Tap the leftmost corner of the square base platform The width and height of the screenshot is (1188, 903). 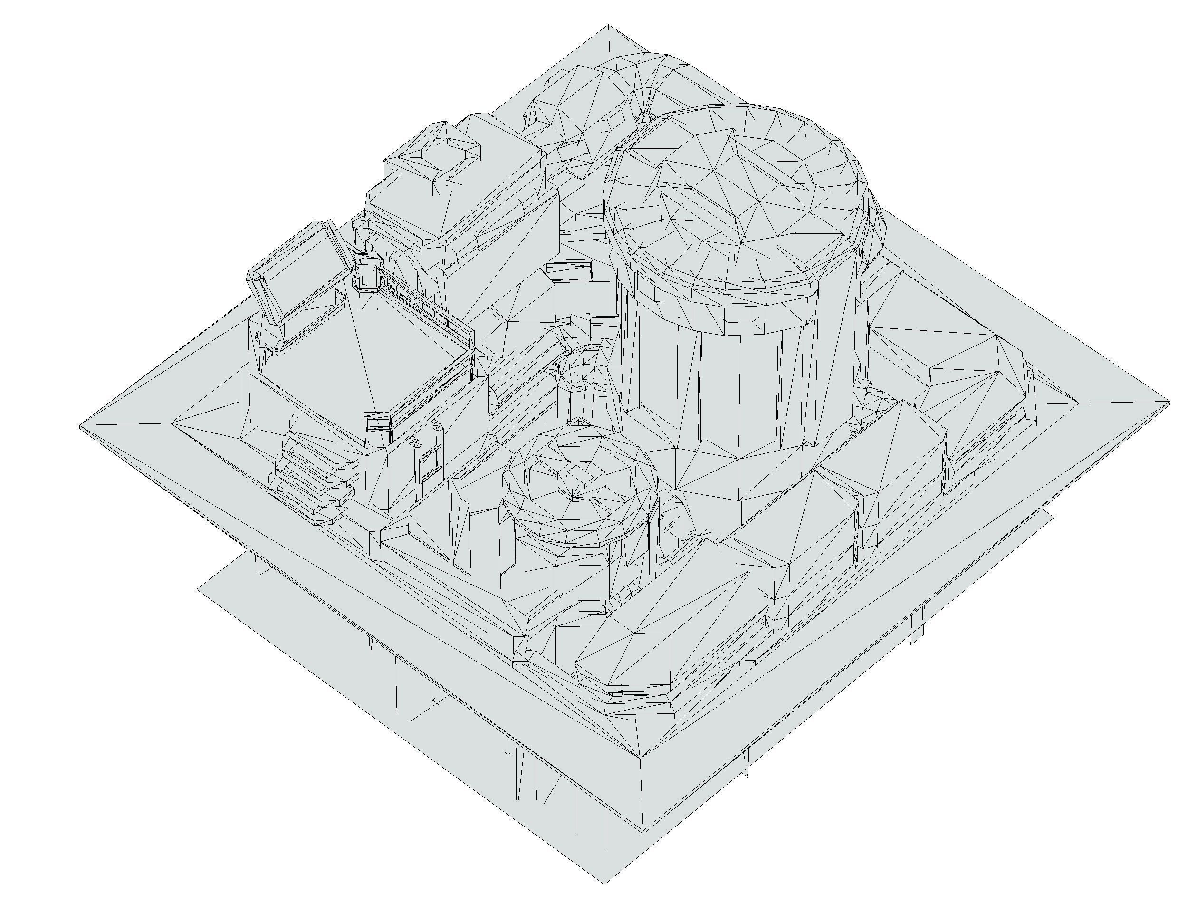[x=81, y=426]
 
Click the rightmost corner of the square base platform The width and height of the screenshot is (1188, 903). [x=1169, y=402]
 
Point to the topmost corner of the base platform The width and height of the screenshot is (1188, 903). [x=608, y=25]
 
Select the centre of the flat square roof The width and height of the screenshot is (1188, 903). [x=365, y=349]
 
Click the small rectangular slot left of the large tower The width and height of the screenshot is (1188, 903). [x=570, y=269]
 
